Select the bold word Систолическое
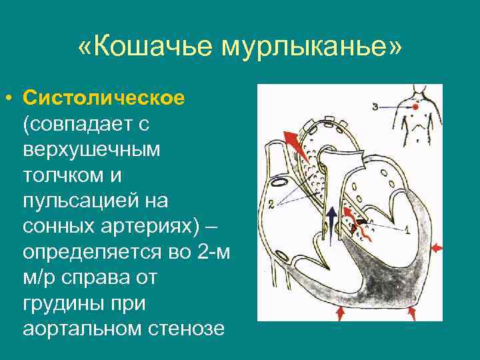coord(103,98)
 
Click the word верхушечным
coord(91,149)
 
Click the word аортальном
coord(84,330)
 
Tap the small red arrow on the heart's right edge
coord(436,248)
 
